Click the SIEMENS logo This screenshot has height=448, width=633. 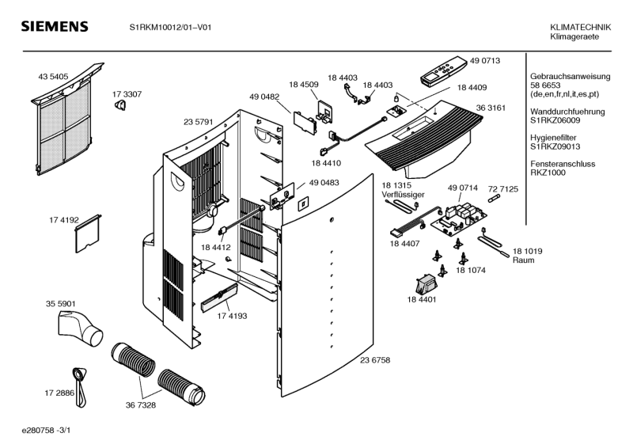tap(54, 28)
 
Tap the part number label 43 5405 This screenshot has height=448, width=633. tap(53, 77)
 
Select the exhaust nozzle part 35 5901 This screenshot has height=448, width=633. tap(81, 327)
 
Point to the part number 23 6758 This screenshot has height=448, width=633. tap(375, 360)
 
